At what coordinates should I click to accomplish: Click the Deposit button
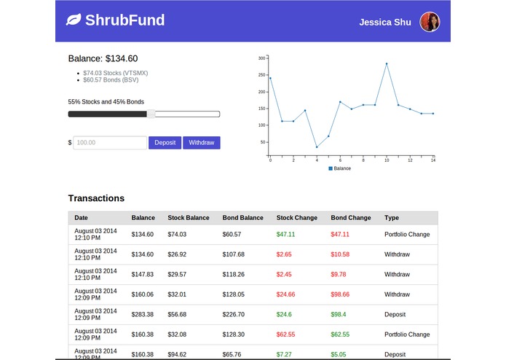click(165, 143)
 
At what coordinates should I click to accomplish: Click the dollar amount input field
click(110, 143)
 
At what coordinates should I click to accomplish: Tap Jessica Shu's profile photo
click(430, 22)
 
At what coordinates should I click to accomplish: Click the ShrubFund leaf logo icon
click(73, 20)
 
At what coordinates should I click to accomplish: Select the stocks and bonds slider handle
click(151, 114)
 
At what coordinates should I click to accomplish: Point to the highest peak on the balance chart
click(387, 64)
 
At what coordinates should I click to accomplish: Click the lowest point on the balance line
click(317, 146)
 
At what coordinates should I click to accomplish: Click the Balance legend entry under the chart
click(340, 168)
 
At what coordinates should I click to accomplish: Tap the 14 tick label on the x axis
click(432, 160)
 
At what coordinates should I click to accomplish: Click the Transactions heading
click(96, 198)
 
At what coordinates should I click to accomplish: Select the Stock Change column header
click(296, 218)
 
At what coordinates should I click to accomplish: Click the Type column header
click(392, 218)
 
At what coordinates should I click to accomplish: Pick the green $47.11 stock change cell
click(285, 235)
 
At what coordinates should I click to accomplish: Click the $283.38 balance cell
click(143, 315)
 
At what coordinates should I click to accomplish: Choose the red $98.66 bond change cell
click(340, 294)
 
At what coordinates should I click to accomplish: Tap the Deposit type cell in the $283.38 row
click(395, 315)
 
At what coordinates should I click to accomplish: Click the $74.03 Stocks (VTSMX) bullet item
click(114, 73)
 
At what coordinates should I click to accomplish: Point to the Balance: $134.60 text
click(103, 59)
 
